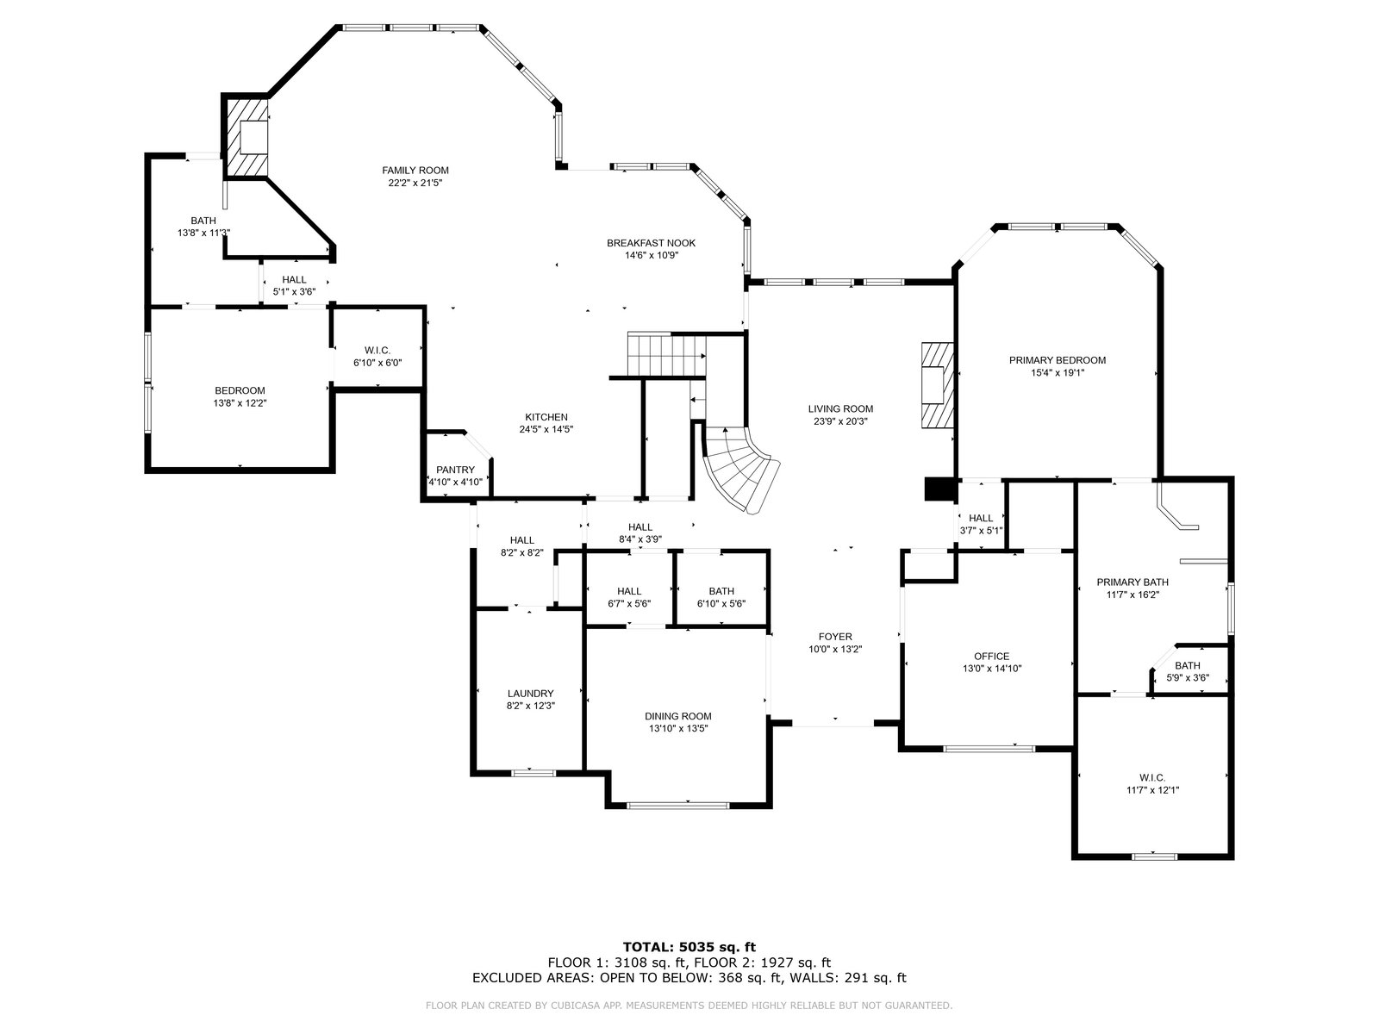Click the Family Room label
coord(415,170)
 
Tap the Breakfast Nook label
coord(651,243)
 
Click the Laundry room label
coord(530,693)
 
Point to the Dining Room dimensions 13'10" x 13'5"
coord(678,728)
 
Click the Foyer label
coord(835,637)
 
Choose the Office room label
coord(991,656)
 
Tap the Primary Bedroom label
coord(1058,360)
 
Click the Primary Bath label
coord(1133,582)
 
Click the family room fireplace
coord(247,137)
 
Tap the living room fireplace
coord(937,385)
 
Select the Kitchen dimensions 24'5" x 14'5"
coord(546,429)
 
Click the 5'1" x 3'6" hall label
coord(294,286)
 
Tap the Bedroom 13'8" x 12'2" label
coord(240,396)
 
